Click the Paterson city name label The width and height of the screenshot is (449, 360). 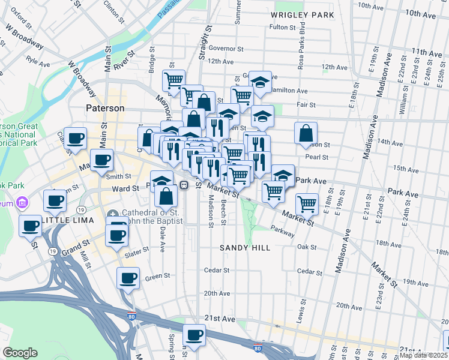tap(104, 109)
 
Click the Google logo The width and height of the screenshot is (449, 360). tap(20, 353)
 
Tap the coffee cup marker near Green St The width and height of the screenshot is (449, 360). tap(128, 278)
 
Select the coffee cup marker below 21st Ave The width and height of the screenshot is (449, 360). tap(194, 335)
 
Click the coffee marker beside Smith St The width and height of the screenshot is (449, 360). tap(101, 160)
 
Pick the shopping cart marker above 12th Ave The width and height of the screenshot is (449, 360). tap(173, 80)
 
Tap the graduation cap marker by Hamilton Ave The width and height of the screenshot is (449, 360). tap(261, 81)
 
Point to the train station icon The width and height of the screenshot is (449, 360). tap(185, 185)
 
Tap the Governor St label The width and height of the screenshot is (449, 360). tap(226, 49)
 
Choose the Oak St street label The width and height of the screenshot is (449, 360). tap(306, 247)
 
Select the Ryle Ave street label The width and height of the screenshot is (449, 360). tap(37, 61)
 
